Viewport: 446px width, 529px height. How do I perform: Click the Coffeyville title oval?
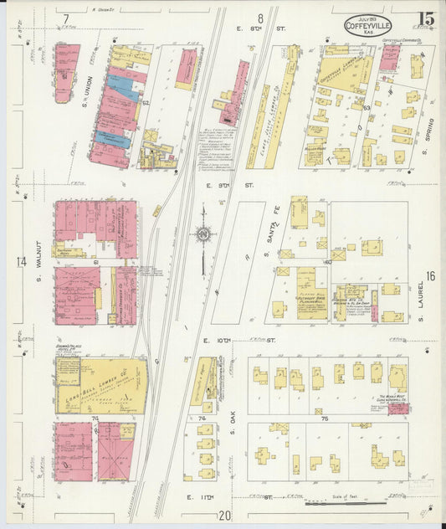point(371,25)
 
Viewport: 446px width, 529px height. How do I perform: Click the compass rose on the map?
point(202,236)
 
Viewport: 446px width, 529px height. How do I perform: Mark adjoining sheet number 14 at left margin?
point(21,262)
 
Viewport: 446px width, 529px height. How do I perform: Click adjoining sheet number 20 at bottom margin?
point(224,516)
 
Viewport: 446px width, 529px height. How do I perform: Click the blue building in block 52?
point(123,88)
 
